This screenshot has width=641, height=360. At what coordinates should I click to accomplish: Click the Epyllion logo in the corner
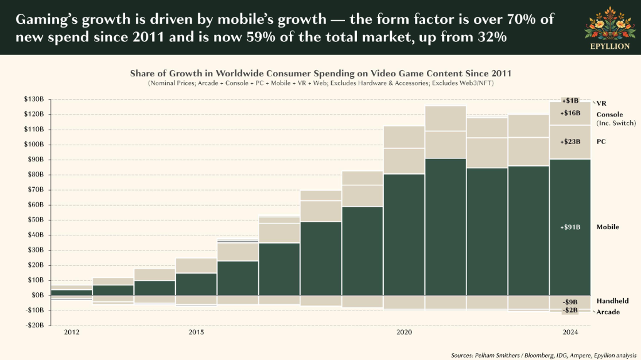610,28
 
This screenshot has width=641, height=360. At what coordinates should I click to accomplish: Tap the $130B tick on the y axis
34,99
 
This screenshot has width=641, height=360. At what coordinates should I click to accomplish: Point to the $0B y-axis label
37,295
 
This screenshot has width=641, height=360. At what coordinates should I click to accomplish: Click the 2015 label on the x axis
196,332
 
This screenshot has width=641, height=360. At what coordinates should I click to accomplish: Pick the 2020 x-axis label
404,332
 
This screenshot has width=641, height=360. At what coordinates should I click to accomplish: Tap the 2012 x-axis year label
71,332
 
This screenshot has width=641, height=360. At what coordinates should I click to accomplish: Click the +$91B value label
570,227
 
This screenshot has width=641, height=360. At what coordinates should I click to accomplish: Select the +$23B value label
570,141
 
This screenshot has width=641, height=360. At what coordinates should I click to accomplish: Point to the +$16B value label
570,113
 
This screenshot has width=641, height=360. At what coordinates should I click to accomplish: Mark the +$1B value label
570,101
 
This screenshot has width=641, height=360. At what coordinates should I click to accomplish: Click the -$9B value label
570,302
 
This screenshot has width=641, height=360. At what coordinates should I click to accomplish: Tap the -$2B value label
570,310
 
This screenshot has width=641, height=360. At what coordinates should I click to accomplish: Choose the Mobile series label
608,227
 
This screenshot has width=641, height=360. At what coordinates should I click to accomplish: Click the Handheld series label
612,301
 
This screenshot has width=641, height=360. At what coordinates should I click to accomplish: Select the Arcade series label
608,312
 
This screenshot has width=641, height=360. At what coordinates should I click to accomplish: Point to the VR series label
602,103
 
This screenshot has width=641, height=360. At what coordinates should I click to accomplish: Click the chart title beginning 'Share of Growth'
320,73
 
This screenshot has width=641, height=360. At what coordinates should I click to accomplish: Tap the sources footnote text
544,356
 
